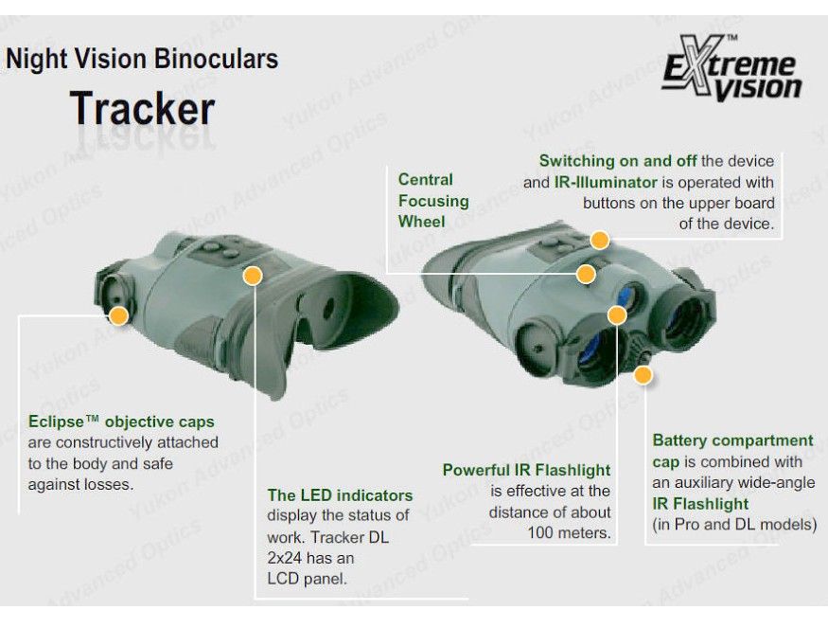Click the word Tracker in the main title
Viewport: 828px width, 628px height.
click(142, 108)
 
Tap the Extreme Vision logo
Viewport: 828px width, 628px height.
click(731, 69)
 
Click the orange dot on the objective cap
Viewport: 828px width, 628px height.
click(119, 316)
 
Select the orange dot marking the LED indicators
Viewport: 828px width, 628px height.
click(253, 276)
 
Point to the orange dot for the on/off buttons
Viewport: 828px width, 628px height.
click(599, 240)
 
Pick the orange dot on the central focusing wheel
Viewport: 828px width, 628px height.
click(586, 274)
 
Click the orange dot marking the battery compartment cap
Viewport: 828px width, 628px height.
click(643, 375)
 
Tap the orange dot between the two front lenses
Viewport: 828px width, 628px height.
click(617, 315)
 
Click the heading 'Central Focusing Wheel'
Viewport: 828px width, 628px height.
click(433, 201)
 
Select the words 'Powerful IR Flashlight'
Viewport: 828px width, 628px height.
click(526, 470)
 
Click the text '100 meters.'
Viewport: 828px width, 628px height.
click(570, 532)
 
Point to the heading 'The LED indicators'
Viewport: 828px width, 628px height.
click(340, 495)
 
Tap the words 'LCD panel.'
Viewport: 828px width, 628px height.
click(307, 579)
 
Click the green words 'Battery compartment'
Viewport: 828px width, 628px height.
click(732, 440)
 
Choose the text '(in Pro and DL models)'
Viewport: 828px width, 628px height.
click(734, 525)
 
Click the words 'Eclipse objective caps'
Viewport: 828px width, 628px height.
click(121, 422)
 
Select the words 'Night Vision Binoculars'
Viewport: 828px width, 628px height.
click(142, 59)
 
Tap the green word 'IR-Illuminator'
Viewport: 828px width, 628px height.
click(606, 183)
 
